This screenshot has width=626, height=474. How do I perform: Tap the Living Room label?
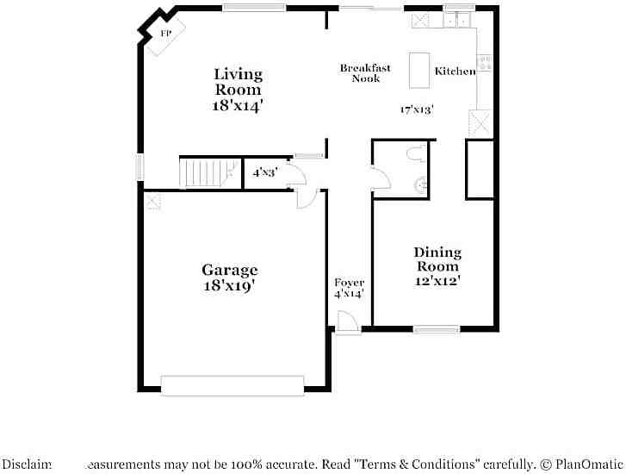pos(237,82)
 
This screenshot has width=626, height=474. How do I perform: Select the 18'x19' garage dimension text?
pos(229,286)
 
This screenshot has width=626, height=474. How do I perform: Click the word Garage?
pos(229,270)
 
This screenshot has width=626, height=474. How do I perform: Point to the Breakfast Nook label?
pos(365,73)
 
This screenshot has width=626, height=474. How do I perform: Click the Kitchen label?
pos(455,72)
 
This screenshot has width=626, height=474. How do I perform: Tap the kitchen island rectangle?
pos(418,70)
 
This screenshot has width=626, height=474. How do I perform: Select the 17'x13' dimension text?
pos(416,109)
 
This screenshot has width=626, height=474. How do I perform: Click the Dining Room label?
pos(437,259)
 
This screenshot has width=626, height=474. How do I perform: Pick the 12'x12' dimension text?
pos(437,280)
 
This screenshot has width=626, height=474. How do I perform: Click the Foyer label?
pos(349,283)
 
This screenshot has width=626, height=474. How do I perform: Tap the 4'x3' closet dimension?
pos(263,172)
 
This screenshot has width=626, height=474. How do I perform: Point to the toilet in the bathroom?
pos(418,155)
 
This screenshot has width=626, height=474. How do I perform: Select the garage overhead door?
pos(232,385)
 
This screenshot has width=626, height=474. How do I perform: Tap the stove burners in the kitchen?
pos(485,62)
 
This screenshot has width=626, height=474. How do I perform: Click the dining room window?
pos(436,328)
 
